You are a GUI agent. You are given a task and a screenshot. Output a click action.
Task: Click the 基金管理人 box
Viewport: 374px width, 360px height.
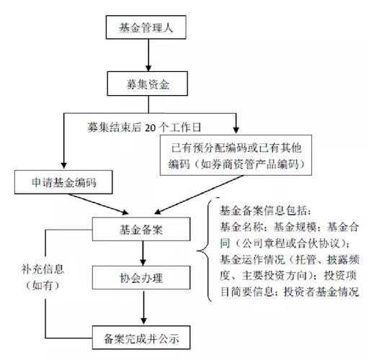point(148,29)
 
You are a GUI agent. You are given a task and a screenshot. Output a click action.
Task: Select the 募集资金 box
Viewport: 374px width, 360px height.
point(148,84)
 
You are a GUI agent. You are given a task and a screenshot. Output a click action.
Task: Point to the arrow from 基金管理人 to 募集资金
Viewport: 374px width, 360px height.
point(148,56)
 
